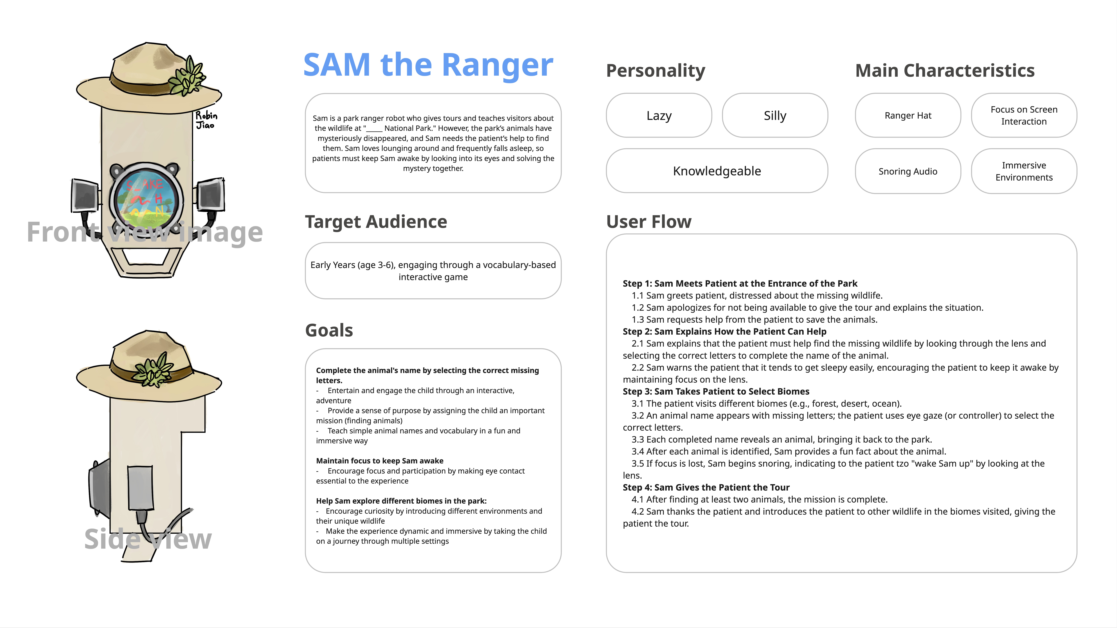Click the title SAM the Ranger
click(x=428, y=65)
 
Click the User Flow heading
click(x=649, y=222)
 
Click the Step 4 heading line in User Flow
click(x=706, y=488)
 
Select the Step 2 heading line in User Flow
click(x=724, y=332)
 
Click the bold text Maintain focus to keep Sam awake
click(x=379, y=461)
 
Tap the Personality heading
click(x=655, y=71)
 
